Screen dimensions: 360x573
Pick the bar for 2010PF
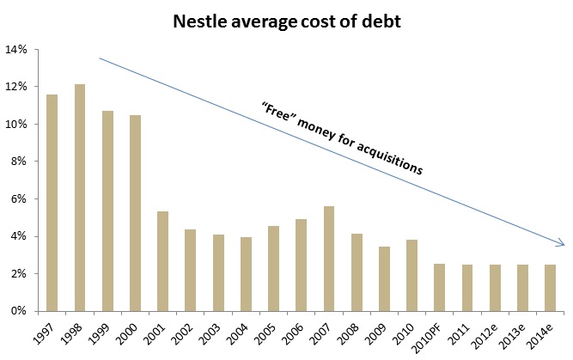coord(440,288)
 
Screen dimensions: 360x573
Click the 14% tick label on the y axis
coord(17,50)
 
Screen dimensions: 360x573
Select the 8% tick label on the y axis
coord(20,162)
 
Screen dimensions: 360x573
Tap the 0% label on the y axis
coord(20,311)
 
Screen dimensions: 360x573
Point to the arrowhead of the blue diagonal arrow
coord(561,245)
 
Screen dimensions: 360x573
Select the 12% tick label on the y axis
coord(17,87)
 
